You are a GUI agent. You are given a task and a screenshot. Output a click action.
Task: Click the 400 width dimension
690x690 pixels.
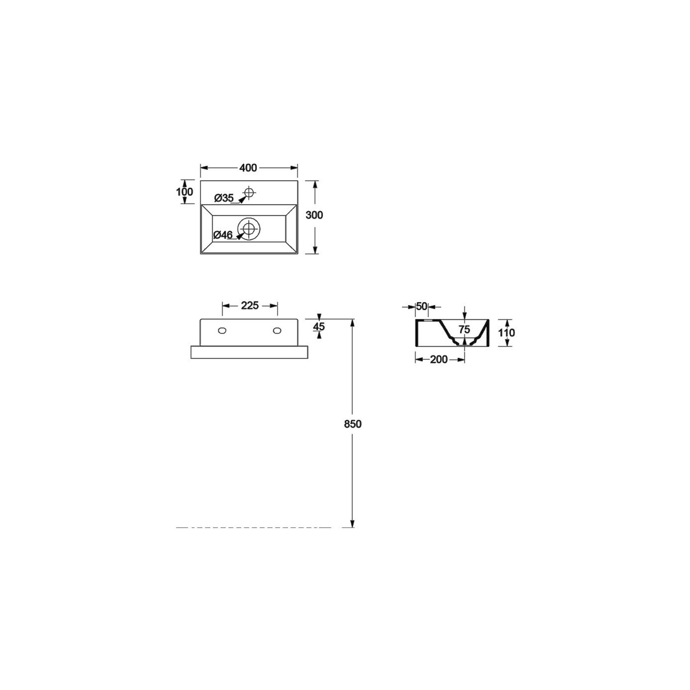point(248,168)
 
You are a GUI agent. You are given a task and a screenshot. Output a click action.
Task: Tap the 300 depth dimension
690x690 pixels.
point(314,215)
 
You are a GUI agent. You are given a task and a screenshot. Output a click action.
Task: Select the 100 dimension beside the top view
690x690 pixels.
point(184,192)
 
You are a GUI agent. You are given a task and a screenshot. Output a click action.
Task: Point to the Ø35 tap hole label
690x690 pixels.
point(224,198)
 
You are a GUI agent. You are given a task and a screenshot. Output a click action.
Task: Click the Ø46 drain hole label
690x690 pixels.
point(223,235)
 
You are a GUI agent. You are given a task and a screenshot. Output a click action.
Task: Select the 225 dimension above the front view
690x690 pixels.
point(250,305)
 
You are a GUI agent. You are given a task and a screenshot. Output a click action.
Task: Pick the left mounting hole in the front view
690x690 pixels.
point(222,330)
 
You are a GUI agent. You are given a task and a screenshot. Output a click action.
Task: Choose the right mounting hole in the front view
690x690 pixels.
point(277,330)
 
